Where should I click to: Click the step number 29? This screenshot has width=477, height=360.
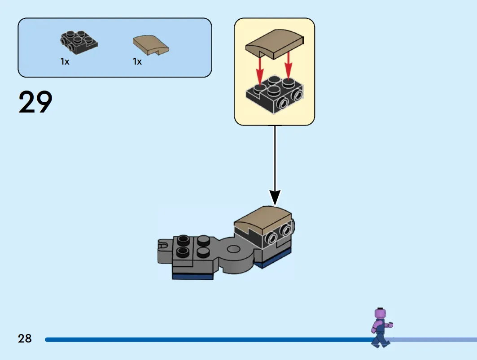point(35,102)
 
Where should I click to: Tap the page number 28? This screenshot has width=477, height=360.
point(25,338)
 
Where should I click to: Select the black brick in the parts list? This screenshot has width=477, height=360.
point(79,43)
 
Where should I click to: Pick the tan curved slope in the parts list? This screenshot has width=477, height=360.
point(151,45)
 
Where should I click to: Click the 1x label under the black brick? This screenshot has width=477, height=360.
point(65,62)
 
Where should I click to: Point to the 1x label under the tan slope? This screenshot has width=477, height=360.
point(137,62)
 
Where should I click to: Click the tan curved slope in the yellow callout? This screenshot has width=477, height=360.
point(274,44)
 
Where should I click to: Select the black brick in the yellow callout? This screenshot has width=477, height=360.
point(274,95)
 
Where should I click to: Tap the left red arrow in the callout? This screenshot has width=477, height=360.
point(259,70)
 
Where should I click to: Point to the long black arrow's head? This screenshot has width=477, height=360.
point(275,198)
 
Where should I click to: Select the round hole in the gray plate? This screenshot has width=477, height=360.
point(234,249)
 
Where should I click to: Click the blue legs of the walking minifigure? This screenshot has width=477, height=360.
point(380,339)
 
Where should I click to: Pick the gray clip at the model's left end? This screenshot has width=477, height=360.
point(164,251)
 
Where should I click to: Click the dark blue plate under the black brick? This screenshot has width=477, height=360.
point(272,258)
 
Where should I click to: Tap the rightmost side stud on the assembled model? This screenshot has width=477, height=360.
point(287,230)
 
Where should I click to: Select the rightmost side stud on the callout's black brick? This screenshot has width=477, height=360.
point(297,95)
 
